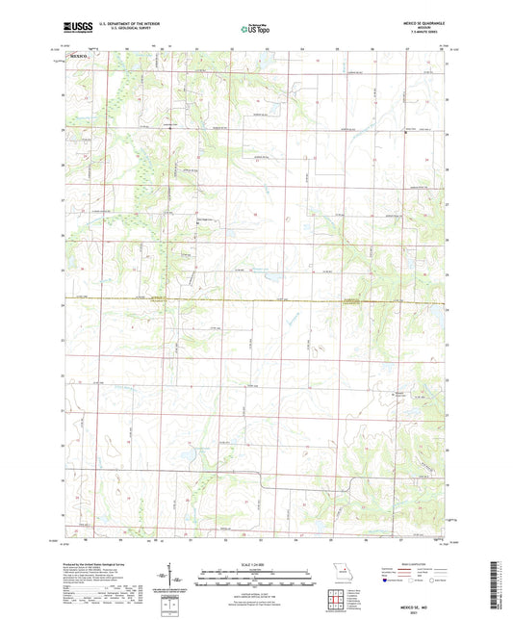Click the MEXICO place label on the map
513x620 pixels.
pos(79,58)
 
